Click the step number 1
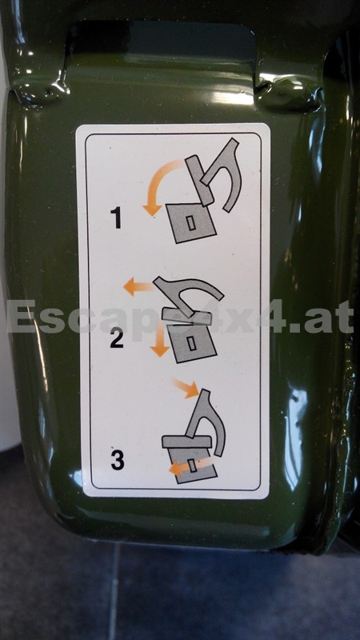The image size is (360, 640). click(116, 218)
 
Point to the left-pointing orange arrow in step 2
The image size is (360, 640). click(138, 286)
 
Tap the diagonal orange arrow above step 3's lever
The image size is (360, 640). click(186, 388)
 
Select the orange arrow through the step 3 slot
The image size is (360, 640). click(190, 466)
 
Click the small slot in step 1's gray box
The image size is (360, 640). click(190, 223)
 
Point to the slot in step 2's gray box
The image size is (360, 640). click(191, 343)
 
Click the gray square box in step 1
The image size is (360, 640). click(191, 223)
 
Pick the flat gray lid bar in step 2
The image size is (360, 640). click(187, 317)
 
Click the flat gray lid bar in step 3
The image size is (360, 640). click(186, 442)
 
